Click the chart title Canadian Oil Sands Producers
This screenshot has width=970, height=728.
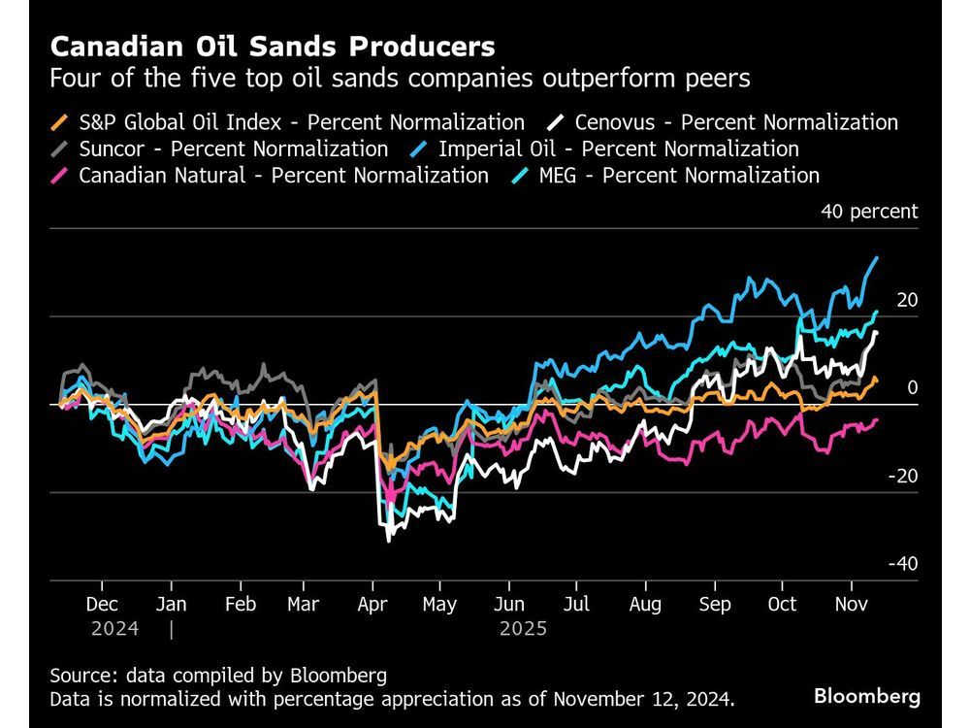(x=273, y=47)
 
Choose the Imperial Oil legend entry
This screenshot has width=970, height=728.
(x=618, y=149)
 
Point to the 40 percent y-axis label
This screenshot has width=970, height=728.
(x=868, y=212)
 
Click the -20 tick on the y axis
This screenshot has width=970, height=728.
(x=904, y=476)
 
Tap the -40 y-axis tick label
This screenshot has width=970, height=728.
(x=904, y=564)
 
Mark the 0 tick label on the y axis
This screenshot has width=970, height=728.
(x=912, y=388)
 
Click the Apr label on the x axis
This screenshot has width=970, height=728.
(x=372, y=604)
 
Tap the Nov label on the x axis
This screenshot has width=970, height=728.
(x=851, y=604)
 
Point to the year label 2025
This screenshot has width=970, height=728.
(x=523, y=629)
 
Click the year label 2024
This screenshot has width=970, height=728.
(x=114, y=629)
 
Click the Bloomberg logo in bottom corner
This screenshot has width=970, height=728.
(x=866, y=696)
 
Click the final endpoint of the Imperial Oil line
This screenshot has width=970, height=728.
(x=878, y=257)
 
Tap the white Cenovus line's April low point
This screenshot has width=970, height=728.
(x=389, y=540)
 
